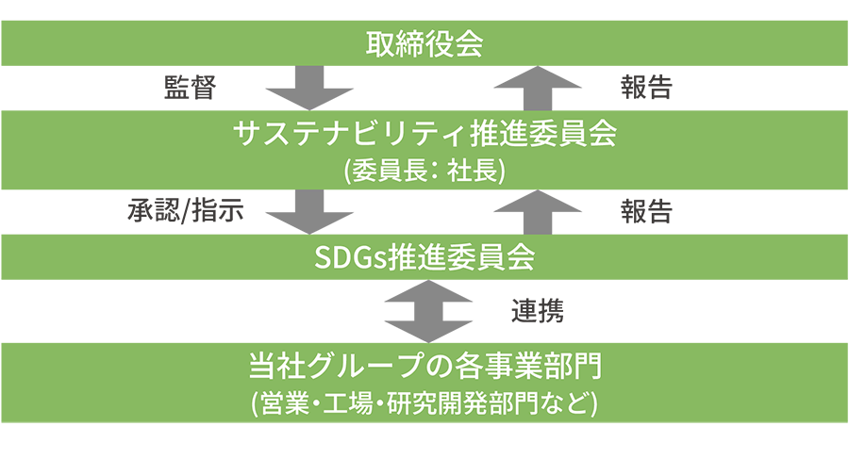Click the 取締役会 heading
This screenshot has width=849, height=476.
(x=424, y=44)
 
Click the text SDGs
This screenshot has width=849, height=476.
(x=345, y=257)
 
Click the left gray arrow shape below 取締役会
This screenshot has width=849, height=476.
(x=309, y=90)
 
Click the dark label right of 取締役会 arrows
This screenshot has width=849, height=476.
(x=646, y=90)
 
